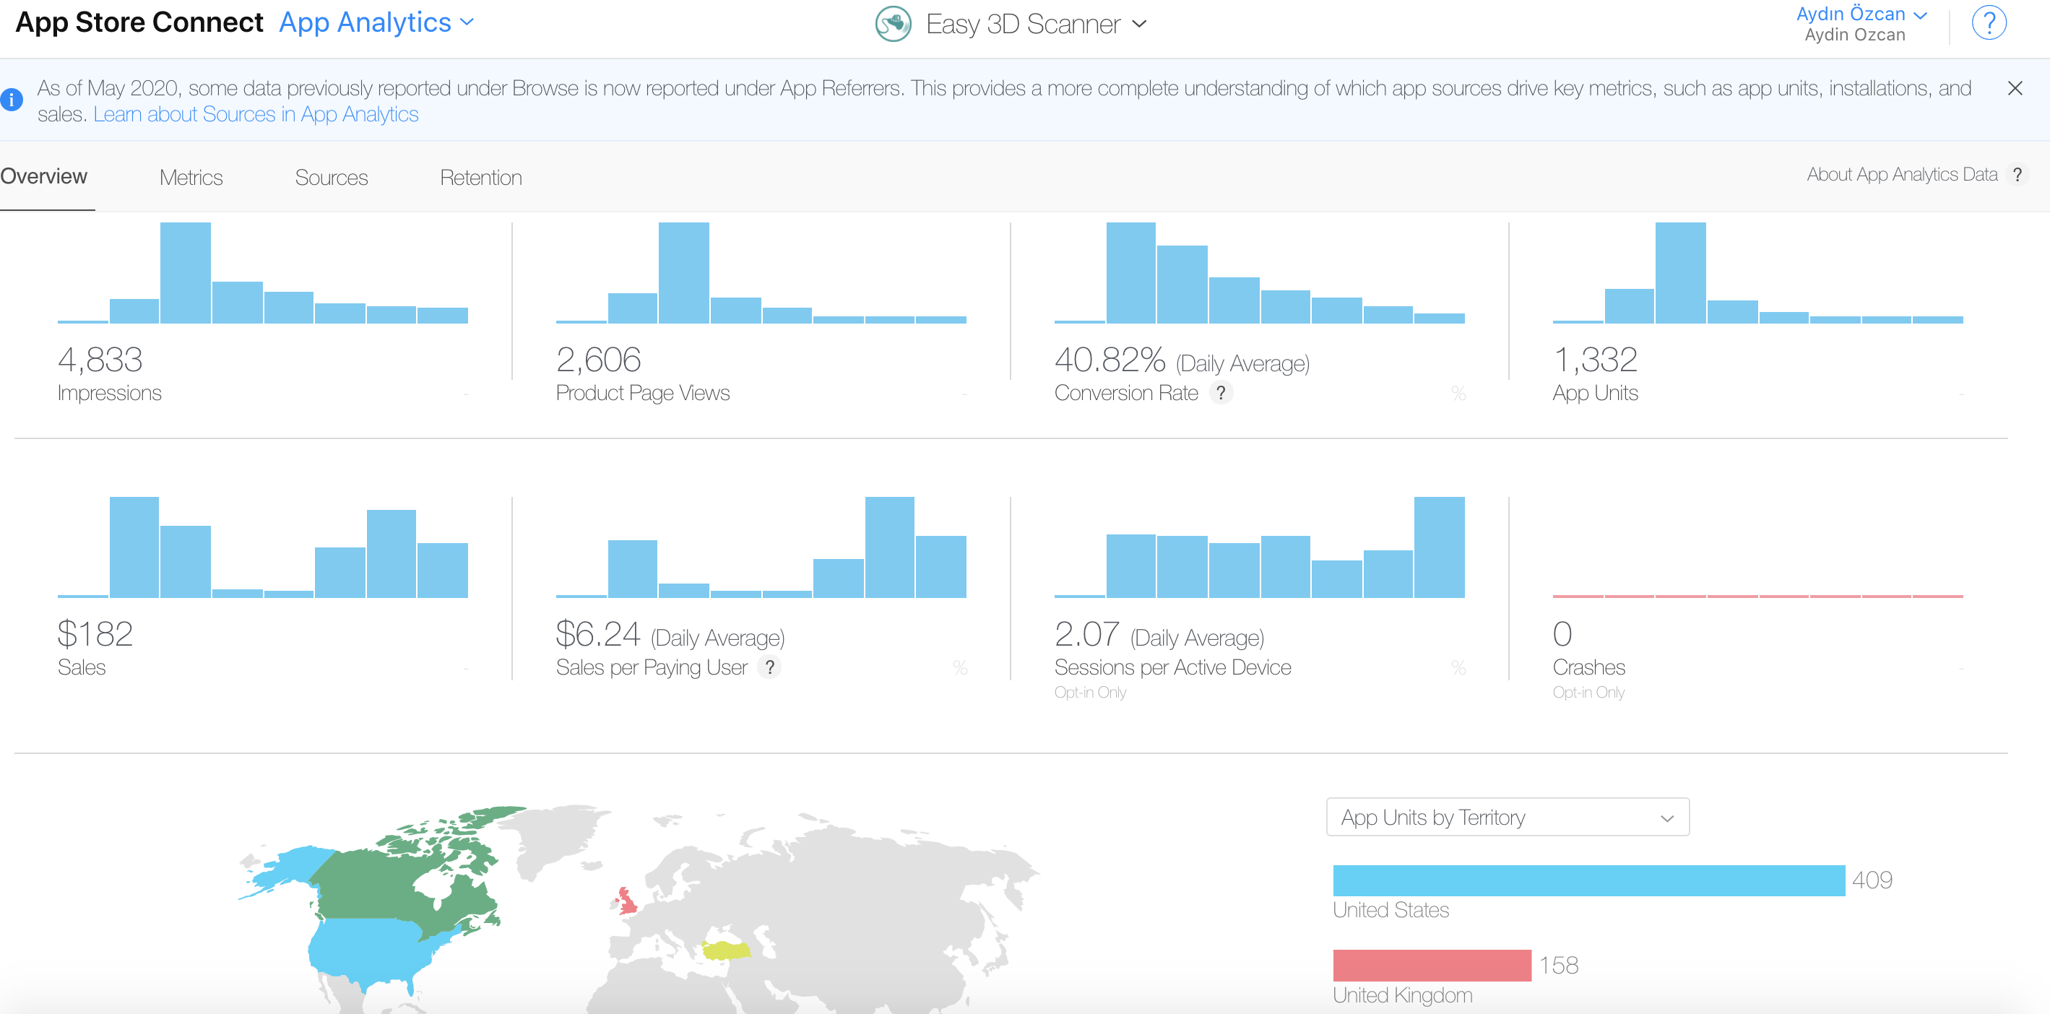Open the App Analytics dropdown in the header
point(376,22)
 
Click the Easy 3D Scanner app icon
point(893,24)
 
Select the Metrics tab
point(191,178)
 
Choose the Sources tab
point(331,178)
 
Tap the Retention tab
point(480,178)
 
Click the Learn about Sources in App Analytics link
point(256,115)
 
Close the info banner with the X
point(2014,88)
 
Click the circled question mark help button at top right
point(1989,23)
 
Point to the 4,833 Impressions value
point(100,360)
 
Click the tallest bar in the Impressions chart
point(186,273)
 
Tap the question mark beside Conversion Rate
point(1221,392)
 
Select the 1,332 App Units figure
point(1595,360)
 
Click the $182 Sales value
point(95,634)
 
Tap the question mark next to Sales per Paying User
point(769,667)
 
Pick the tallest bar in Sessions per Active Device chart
point(1439,547)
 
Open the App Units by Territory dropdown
point(1508,818)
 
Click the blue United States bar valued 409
point(1588,880)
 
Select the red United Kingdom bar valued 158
point(1432,966)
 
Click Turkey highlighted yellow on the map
point(726,950)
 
